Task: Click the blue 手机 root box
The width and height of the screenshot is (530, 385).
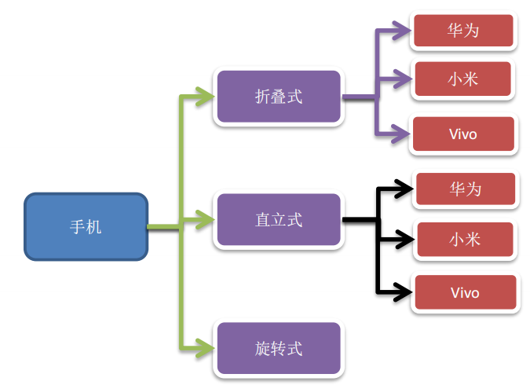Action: (86, 227)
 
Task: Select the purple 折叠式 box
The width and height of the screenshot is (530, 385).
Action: (280, 97)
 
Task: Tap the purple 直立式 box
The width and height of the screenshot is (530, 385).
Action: (280, 220)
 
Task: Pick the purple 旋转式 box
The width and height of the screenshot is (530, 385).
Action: (280, 348)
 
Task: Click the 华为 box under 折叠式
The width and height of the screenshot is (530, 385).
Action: (463, 31)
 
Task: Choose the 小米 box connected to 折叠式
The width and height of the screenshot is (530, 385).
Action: (463, 79)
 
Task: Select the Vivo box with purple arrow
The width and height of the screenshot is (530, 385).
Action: (463, 134)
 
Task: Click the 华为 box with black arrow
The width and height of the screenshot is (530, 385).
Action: (465, 189)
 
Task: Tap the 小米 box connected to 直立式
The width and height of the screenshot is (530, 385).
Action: (465, 239)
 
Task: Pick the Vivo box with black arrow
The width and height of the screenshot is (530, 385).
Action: (465, 293)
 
